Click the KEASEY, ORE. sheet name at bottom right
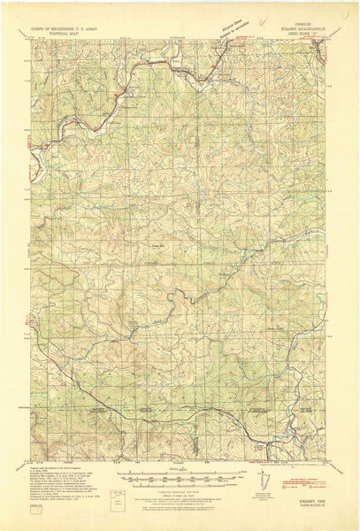tap(301, 496)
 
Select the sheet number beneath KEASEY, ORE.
tap(301, 502)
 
